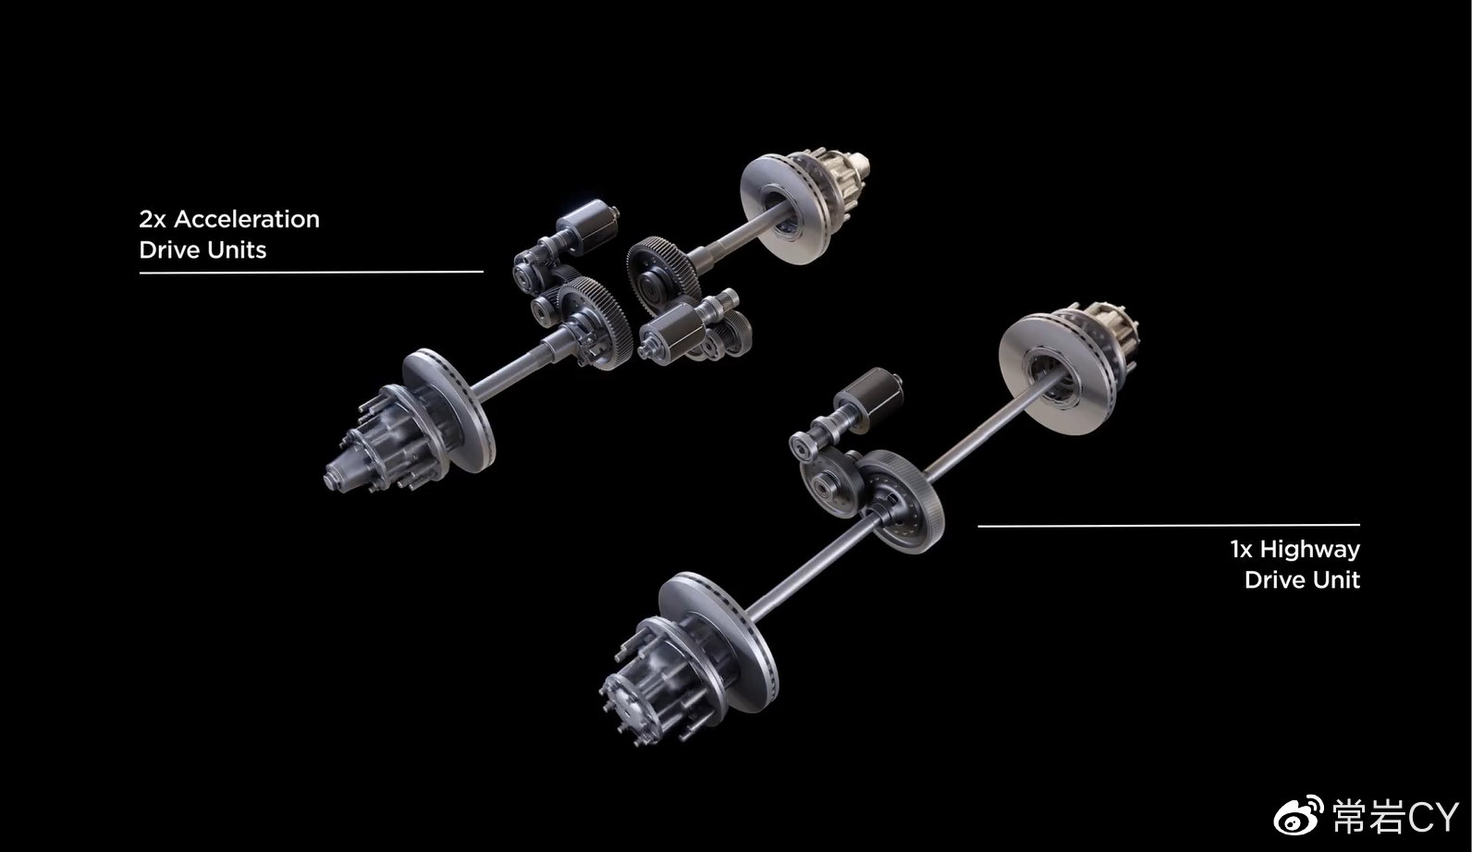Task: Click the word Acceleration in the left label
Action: point(247,219)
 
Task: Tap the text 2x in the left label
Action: point(153,219)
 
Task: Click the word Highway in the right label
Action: point(1309,549)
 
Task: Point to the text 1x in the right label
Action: point(1241,549)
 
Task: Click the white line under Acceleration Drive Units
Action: point(311,272)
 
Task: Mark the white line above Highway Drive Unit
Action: point(1169,526)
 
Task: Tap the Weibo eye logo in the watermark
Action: point(1298,816)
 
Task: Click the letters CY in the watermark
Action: point(1432,817)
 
